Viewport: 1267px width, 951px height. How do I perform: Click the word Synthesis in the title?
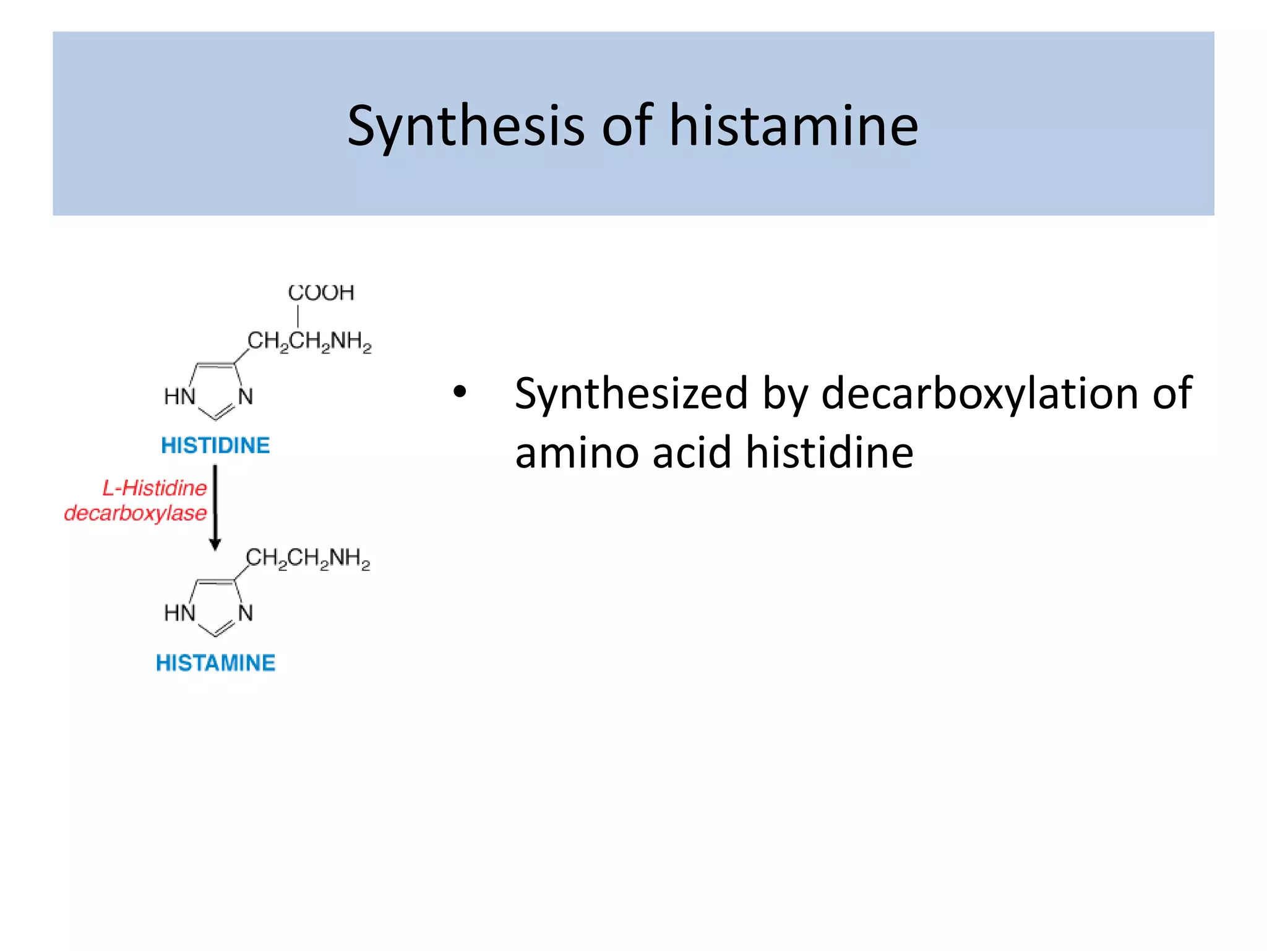(x=465, y=126)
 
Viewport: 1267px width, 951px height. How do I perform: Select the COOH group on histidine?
(x=321, y=292)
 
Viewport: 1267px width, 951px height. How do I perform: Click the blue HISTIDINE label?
(x=215, y=445)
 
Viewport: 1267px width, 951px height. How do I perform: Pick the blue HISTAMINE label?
(x=215, y=662)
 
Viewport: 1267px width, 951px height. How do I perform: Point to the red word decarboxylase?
(x=135, y=513)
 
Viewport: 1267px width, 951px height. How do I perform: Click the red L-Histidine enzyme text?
(x=155, y=488)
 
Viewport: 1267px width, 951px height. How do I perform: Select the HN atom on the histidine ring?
(x=179, y=396)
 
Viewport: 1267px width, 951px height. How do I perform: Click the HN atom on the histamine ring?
(x=179, y=613)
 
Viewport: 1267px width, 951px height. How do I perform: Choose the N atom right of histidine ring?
(x=246, y=396)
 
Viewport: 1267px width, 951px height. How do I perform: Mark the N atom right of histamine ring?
(x=246, y=613)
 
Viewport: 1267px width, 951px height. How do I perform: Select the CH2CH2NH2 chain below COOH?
(x=309, y=341)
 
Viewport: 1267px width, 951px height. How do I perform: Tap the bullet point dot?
(x=459, y=392)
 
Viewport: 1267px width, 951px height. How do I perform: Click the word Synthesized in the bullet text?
(x=631, y=394)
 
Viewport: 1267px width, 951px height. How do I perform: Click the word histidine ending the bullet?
(x=829, y=452)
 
